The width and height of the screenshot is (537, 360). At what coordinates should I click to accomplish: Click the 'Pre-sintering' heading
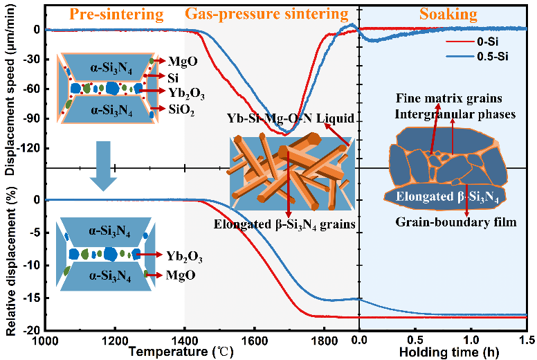111,15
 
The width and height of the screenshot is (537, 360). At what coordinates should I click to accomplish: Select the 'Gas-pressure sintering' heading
266,14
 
